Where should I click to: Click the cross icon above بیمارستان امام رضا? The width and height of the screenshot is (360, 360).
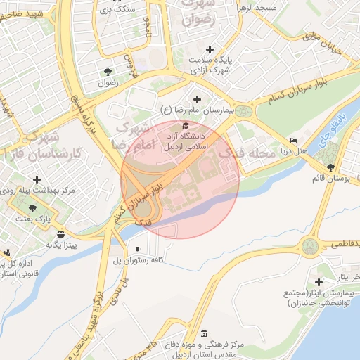(x=196, y=100)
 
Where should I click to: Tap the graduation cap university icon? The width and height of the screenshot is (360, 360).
(x=185, y=125)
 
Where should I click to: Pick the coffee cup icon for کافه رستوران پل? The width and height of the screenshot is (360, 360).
(x=138, y=250)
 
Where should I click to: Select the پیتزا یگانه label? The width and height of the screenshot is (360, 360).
(x=61, y=244)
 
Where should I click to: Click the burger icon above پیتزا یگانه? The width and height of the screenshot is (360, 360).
(x=62, y=233)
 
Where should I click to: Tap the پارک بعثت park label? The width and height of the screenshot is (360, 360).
(x=33, y=218)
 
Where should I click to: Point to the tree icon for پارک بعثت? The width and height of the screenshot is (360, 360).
(x=33, y=207)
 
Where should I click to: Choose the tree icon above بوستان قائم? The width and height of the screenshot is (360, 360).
(x=330, y=167)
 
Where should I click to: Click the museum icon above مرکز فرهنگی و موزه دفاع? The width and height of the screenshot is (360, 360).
(x=204, y=333)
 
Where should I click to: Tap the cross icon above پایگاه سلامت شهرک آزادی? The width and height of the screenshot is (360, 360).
(x=209, y=49)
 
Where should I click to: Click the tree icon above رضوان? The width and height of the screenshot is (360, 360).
(x=108, y=72)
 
